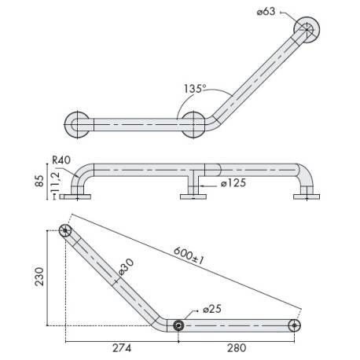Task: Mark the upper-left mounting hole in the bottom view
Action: (65, 232)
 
